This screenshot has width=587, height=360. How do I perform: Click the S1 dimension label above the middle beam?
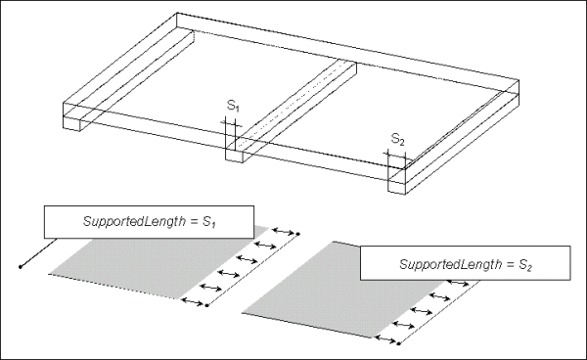[233, 106]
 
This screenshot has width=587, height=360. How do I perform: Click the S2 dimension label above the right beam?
[397, 139]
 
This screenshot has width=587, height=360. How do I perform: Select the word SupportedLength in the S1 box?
[134, 221]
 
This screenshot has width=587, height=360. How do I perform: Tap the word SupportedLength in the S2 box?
[450, 264]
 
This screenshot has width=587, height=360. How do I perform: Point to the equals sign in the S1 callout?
[194, 221]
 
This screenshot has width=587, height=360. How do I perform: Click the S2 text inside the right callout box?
[524, 265]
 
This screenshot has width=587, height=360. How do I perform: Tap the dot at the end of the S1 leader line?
[21, 267]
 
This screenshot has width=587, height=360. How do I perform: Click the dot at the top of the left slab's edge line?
[298, 234]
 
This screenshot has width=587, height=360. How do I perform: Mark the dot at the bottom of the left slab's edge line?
[206, 306]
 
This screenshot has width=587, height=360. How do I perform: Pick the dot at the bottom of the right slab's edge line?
[399, 343]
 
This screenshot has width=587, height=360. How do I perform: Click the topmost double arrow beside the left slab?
[283, 231]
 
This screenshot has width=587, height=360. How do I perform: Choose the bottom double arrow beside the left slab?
[193, 301]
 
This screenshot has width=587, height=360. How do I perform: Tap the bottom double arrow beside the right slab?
[385, 339]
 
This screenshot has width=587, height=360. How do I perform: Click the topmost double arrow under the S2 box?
[458, 283]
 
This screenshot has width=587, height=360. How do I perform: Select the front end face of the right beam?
[397, 188]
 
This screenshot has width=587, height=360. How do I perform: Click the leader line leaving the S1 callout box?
[38, 252]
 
